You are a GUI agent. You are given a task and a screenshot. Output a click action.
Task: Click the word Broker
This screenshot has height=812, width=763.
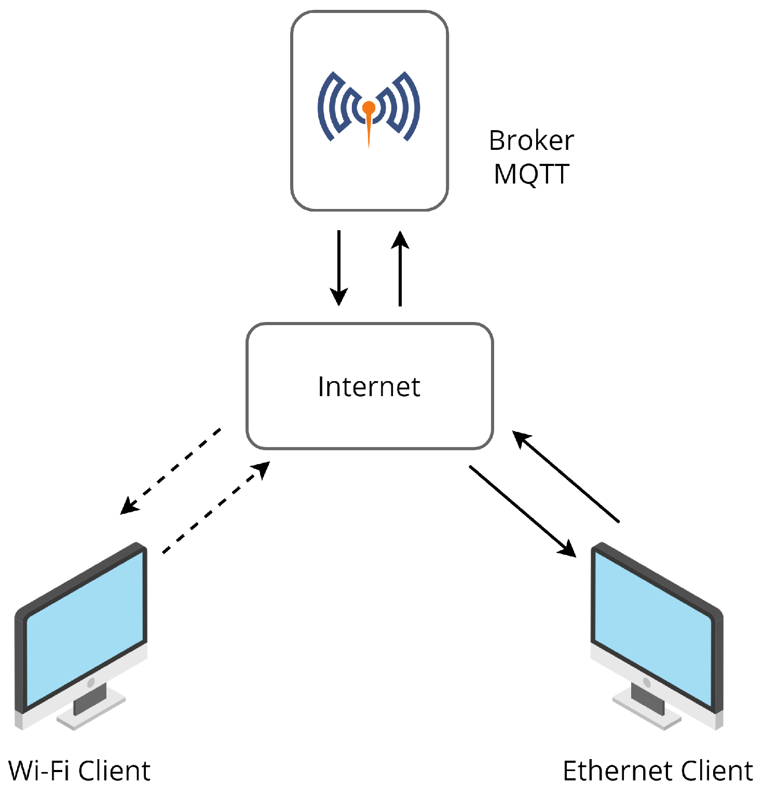531,141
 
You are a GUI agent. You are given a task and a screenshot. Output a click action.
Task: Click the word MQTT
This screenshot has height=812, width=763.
531,174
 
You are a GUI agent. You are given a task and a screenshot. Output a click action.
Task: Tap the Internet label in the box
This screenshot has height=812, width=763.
369,387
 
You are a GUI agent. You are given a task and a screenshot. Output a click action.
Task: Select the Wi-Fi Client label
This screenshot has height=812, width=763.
79,771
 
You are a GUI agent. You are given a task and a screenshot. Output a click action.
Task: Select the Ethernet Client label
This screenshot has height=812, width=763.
658,771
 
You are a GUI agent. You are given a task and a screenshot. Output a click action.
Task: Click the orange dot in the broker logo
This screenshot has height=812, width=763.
369,108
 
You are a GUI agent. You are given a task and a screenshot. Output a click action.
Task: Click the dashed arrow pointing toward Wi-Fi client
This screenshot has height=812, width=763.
171,471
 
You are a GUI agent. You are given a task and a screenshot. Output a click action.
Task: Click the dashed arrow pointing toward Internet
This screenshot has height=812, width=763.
216,507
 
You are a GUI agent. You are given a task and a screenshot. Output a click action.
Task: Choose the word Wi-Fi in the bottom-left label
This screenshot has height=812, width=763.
39,771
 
